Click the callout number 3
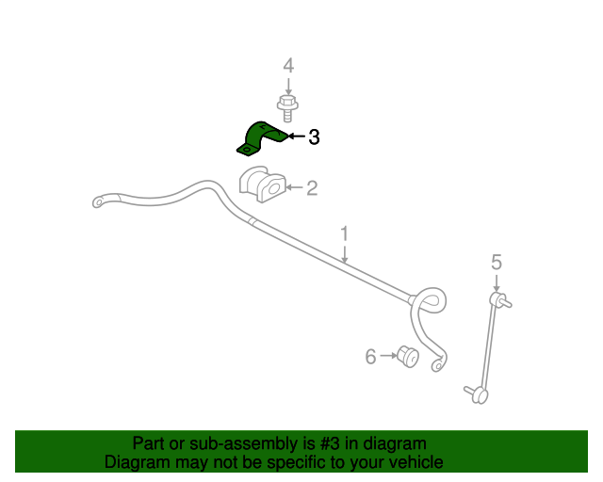pyautogui.click(x=314, y=137)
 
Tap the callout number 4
pyautogui.click(x=288, y=66)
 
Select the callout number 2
pyautogui.click(x=312, y=188)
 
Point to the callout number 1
pyautogui.click(x=344, y=234)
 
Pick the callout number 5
pyautogui.click(x=497, y=262)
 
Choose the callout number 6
pyautogui.click(x=370, y=356)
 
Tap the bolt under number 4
pyautogui.click(x=287, y=108)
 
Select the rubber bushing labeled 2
pyautogui.click(x=263, y=185)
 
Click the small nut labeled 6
pyautogui.click(x=408, y=356)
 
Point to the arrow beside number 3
pyautogui.click(x=297, y=137)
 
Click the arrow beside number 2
pyautogui.click(x=294, y=187)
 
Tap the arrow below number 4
pyautogui.click(x=288, y=86)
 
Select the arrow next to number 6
pyautogui.click(x=388, y=356)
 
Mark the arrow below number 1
pyautogui.click(x=344, y=254)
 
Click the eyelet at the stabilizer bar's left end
pyautogui.click(x=99, y=201)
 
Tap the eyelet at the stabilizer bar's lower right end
pyautogui.click(x=437, y=364)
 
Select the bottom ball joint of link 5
pyautogui.click(x=478, y=394)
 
